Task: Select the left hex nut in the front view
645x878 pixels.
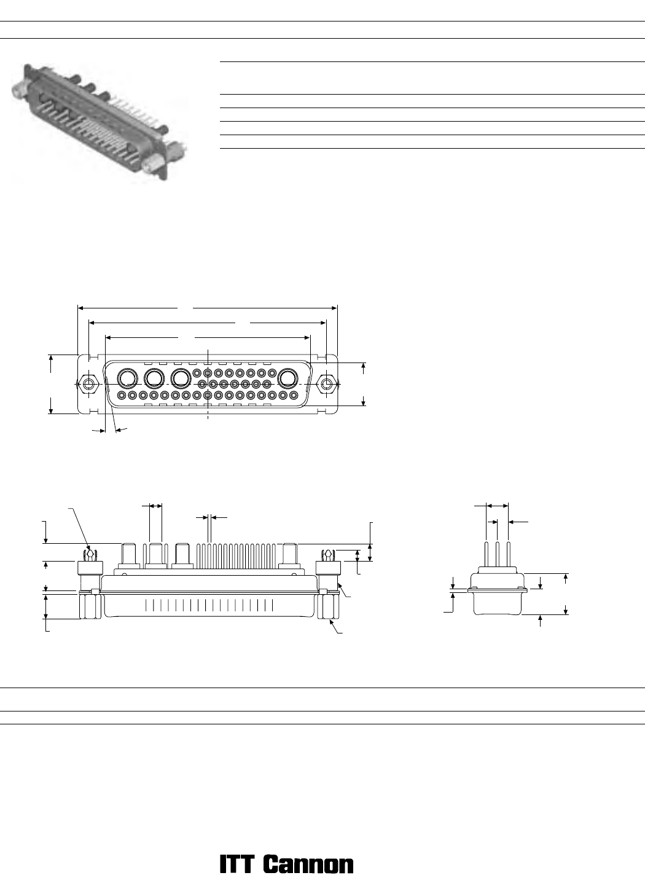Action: click(89, 384)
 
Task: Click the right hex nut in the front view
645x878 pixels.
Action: click(326, 384)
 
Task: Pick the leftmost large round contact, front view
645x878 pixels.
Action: click(128, 378)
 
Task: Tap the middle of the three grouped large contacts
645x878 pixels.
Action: click(154, 378)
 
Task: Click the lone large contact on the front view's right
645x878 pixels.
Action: click(288, 378)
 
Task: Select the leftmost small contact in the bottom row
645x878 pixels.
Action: click(122, 394)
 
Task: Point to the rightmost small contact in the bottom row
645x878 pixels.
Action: click(293, 394)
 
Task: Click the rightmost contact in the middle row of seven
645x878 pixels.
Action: click(267, 383)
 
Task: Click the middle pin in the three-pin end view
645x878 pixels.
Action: click(497, 555)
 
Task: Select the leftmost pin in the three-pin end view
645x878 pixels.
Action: click(486, 555)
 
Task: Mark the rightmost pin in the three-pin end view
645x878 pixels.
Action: click(508, 555)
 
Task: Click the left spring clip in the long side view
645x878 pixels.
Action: click(90, 555)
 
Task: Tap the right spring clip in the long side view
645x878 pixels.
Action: click(327, 555)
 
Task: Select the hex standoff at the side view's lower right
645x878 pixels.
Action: click(328, 606)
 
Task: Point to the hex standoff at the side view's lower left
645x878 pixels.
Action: click(90, 606)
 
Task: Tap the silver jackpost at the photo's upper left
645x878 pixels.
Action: click(20, 88)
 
